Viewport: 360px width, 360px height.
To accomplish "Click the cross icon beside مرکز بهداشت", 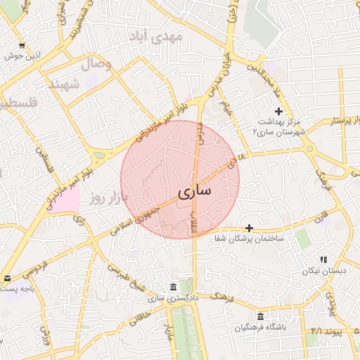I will [x=279, y=111].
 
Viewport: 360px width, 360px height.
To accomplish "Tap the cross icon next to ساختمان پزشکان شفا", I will [x=249, y=228].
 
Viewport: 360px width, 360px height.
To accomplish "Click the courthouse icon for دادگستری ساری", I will [x=173, y=287].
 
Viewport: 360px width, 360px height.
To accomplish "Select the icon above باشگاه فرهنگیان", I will [x=261, y=316].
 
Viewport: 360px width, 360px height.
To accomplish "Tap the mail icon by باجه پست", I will [x=6, y=278].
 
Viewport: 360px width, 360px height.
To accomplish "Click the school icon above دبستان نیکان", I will [x=323, y=259].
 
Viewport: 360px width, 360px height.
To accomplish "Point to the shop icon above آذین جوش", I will [x=22, y=45].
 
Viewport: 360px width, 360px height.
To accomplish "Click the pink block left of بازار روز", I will [x=67, y=200].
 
